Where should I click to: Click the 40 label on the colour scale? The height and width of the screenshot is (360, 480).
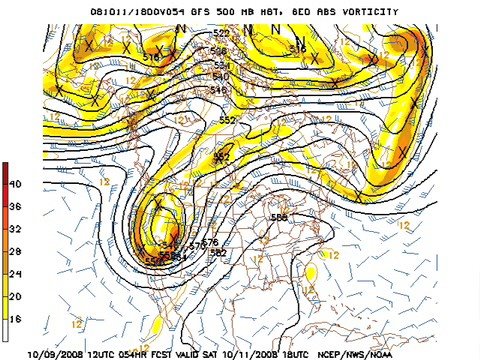[15, 184]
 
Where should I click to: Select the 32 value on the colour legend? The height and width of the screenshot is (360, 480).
[15, 228]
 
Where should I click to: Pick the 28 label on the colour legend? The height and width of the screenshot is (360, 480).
[15, 250]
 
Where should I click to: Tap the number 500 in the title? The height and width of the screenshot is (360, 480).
[226, 11]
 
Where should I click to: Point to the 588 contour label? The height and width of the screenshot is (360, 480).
[279, 217]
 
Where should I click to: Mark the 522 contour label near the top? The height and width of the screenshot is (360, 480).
[221, 33]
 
